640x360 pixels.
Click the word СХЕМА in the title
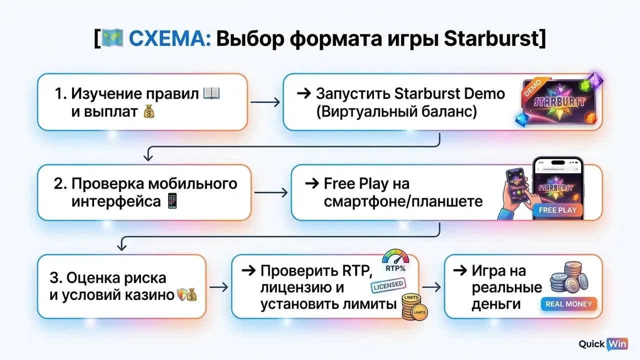(x=169, y=38)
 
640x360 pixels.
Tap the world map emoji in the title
(x=112, y=37)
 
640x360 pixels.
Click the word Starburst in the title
(x=491, y=38)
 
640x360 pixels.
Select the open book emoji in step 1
(x=211, y=93)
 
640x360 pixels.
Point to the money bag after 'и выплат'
(x=149, y=111)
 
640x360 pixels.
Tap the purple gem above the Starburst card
(x=595, y=80)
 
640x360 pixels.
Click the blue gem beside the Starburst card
(x=521, y=119)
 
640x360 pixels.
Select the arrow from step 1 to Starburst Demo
(x=265, y=102)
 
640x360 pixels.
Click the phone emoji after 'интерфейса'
(x=172, y=201)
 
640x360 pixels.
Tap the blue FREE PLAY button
(x=557, y=210)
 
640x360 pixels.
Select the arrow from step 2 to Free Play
(x=271, y=192)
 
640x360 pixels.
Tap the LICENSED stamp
(x=388, y=285)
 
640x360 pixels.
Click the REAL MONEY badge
(x=568, y=304)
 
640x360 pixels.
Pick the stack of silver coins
(x=569, y=277)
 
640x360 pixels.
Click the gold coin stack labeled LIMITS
(x=414, y=307)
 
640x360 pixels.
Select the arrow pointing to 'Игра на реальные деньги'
(x=431, y=287)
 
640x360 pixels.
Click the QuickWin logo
(x=603, y=344)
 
